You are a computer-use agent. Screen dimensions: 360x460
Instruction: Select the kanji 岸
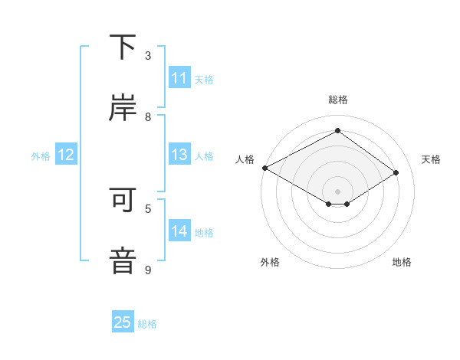pos(123,108)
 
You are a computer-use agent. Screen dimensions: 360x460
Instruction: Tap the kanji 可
pos(123,200)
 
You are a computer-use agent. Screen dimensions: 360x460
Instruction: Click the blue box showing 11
pos(179,78)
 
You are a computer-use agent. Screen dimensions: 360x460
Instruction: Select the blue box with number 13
pos(179,155)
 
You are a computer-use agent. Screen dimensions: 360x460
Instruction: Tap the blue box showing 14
pos(179,231)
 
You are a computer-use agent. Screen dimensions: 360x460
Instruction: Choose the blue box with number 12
pos(66,155)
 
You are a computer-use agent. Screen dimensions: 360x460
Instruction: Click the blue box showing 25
pos(123,322)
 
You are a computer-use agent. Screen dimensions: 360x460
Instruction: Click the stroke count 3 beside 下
pos(148,56)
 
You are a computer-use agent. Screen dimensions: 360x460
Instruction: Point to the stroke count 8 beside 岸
pos(148,116)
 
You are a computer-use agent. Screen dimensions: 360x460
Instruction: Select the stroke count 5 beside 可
pos(148,208)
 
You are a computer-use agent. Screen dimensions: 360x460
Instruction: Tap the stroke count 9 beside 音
pos(148,270)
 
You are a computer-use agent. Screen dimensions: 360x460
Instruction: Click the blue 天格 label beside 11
pos(204,79)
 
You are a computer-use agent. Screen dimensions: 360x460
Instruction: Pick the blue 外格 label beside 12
pos(41,155)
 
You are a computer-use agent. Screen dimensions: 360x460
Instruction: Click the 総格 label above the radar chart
pos(337,100)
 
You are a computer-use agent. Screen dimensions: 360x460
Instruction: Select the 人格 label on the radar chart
pos(245,159)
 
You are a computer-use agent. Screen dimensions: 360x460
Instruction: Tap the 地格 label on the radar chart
pos(402,262)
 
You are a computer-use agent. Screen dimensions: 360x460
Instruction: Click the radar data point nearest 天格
pos(396,172)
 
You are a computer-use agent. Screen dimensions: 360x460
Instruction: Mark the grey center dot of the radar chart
pos(337,191)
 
